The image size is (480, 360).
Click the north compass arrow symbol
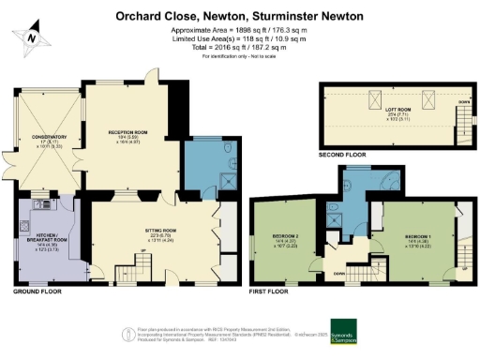point(32,35)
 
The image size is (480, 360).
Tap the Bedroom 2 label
point(284,239)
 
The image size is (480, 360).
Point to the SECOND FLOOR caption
point(344,154)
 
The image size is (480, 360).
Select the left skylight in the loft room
point(373,99)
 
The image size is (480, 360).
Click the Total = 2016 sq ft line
point(241,48)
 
